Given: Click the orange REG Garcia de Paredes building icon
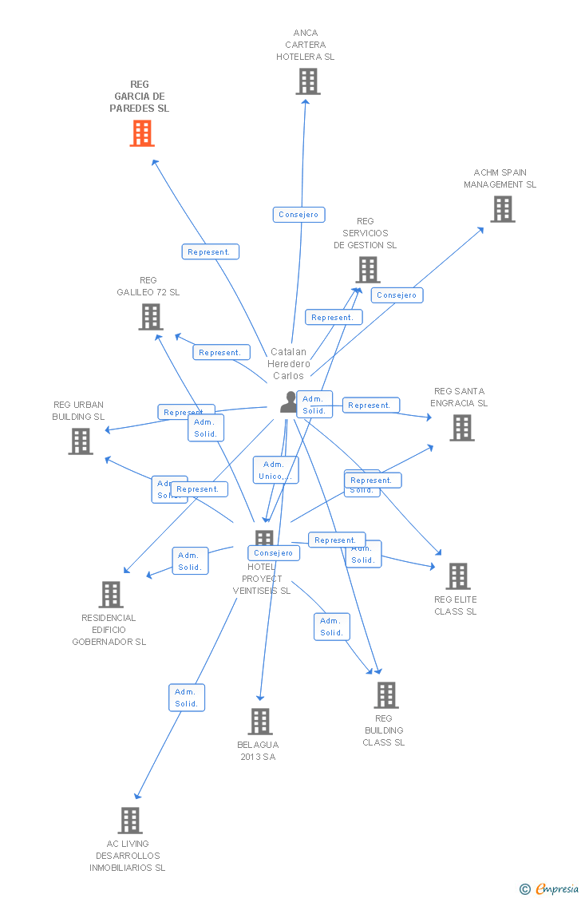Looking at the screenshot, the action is pyautogui.click(x=142, y=133).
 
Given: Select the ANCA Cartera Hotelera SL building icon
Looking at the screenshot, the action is pyautogui.click(x=307, y=81).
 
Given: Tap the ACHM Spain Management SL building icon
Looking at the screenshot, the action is pyautogui.click(x=502, y=209).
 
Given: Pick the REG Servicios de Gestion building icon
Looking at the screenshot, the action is pyautogui.click(x=367, y=270).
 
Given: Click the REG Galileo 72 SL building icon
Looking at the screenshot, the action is pyautogui.click(x=150, y=317).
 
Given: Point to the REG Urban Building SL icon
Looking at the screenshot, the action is pyautogui.click(x=80, y=441).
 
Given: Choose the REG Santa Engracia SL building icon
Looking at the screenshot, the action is pyautogui.click(x=461, y=428).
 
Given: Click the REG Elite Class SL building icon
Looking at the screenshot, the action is pyautogui.click(x=457, y=576).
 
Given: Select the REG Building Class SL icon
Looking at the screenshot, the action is pyautogui.click(x=385, y=695).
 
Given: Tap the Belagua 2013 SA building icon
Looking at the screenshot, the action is pyautogui.click(x=259, y=722).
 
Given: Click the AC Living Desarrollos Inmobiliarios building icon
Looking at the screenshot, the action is pyautogui.click(x=129, y=821).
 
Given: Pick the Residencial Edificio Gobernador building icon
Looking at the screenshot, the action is pyautogui.click(x=110, y=595).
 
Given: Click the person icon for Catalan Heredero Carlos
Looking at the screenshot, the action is pyautogui.click(x=288, y=402).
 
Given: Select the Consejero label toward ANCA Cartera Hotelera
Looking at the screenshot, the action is pyautogui.click(x=298, y=214).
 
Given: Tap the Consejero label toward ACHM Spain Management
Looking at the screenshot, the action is pyautogui.click(x=397, y=295).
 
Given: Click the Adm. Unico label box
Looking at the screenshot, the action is pyautogui.click(x=275, y=470).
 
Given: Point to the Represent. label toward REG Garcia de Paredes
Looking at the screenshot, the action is pyautogui.click(x=210, y=251).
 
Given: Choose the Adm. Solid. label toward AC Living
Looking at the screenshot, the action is pyautogui.click(x=187, y=698).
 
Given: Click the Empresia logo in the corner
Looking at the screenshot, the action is pyautogui.click(x=550, y=888).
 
